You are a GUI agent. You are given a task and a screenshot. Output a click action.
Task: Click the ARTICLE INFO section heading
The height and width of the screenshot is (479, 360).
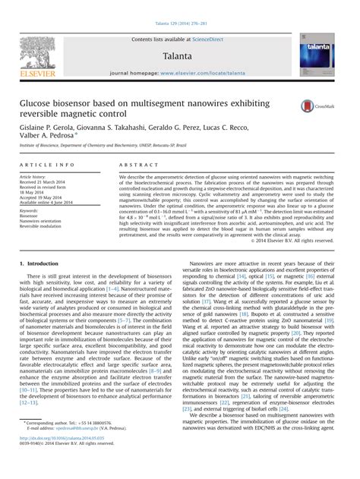tap(47, 164)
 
